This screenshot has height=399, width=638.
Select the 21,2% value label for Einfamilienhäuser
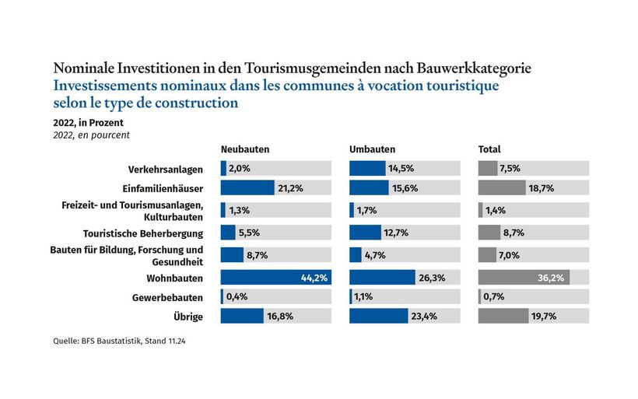290,187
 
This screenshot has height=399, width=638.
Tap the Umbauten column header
372,149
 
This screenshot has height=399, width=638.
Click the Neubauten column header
245,149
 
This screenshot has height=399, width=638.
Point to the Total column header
489,149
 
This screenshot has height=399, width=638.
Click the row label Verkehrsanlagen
165,170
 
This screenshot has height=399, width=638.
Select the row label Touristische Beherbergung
143,233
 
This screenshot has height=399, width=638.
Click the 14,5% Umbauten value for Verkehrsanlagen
402,169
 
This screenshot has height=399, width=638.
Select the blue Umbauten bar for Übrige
378,316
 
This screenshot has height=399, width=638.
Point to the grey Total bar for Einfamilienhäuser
502,187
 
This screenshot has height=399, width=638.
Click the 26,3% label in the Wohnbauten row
432,278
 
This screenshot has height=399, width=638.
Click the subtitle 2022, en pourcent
91,135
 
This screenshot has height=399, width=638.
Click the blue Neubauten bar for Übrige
242,316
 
